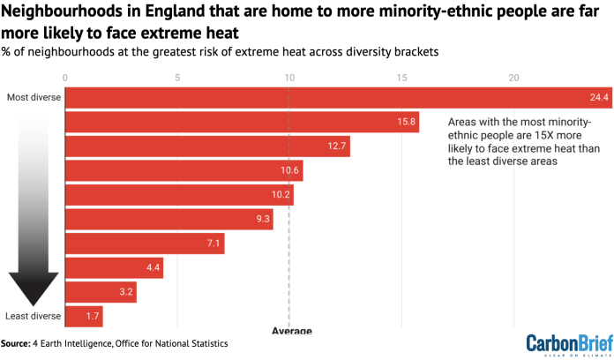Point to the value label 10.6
click(x=289, y=170)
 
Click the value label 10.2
click(x=281, y=195)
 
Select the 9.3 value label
click(x=261, y=219)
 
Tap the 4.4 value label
click(x=153, y=267)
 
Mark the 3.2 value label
click(x=125, y=292)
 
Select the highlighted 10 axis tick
click(x=289, y=78)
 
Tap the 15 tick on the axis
click(x=401, y=78)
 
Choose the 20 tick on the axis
click(x=513, y=78)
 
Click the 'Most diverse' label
click(x=34, y=97)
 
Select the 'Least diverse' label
click(x=33, y=316)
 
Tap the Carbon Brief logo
click(x=564, y=343)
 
